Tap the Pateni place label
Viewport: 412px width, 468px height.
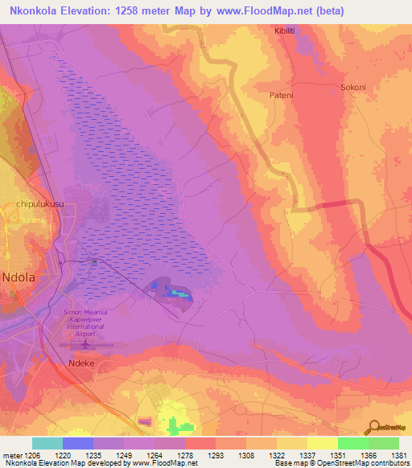[x=281, y=94]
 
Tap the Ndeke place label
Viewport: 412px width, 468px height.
[x=78, y=363]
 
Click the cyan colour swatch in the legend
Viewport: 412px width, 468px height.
[x=47, y=443]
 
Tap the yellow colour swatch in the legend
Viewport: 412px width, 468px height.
[x=322, y=443]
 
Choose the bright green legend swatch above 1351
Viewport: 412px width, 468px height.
[x=352, y=443]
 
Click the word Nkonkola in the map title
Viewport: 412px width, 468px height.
[x=35, y=10]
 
